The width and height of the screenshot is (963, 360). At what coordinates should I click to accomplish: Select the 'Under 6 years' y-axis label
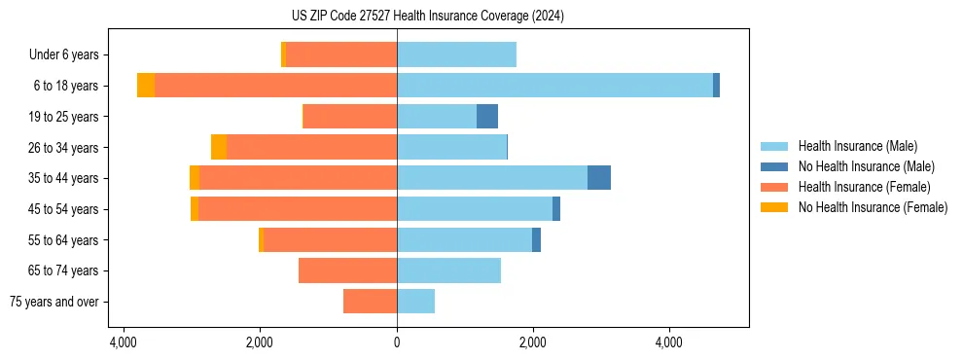pyautogui.click(x=70, y=55)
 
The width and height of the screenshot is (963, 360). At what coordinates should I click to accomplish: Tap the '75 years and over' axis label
pyautogui.click(x=54, y=302)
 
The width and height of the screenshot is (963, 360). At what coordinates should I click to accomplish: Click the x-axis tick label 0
pyautogui.click(x=397, y=342)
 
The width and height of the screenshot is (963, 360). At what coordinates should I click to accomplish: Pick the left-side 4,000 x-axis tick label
pyautogui.click(x=124, y=342)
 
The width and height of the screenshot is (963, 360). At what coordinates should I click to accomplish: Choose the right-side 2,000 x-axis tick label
pyautogui.click(x=532, y=342)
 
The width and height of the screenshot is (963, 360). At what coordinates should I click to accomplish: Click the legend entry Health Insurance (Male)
pyautogui.click(x=857, y=146)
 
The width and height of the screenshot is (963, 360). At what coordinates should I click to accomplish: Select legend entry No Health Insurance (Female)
pyautogui.click(x=873, y=207)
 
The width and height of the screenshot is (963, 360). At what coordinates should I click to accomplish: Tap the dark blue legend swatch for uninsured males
pyautogui.click(x=775, y=166)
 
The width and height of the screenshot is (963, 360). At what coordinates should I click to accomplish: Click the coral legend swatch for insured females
pyautogui.click(x=775, y=187)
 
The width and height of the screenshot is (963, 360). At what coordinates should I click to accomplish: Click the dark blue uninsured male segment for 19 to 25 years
pyautogui.click(x=487, y=117)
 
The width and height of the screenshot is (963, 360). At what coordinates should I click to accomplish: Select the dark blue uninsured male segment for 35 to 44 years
pyautogui.click(x=599, y=178)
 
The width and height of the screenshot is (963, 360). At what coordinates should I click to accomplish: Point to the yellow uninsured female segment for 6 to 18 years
pyautogui.click(x=146, y=86)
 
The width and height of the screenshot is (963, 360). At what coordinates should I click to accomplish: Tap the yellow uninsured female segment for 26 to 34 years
pyautogui.click(x=219, y=147)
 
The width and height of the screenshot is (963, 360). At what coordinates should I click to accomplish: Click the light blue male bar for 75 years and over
pyautogui.click(x=415, y=302)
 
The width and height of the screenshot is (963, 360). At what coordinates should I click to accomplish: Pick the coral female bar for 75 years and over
pyautogui.click(x=370, y=302)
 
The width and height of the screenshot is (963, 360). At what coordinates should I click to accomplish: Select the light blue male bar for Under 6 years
pyautogui.click(x=456, y=55)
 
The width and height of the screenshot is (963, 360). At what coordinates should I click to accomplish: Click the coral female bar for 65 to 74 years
pyautogui.click(x=347, y=270)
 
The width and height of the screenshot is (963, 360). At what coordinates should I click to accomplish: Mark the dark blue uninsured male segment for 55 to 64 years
pyautogui.click(x=536, y=239)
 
